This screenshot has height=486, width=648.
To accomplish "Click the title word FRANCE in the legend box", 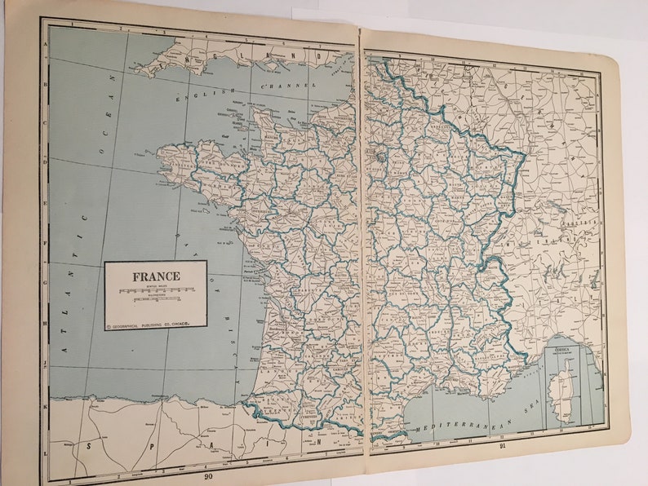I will [x=154, y=276].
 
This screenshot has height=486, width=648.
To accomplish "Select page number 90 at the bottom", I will [x=208, y=476].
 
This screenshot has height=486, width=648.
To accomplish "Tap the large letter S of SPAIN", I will [x=89, y=447].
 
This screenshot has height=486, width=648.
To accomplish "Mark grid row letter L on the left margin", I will [x=46, y=450].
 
